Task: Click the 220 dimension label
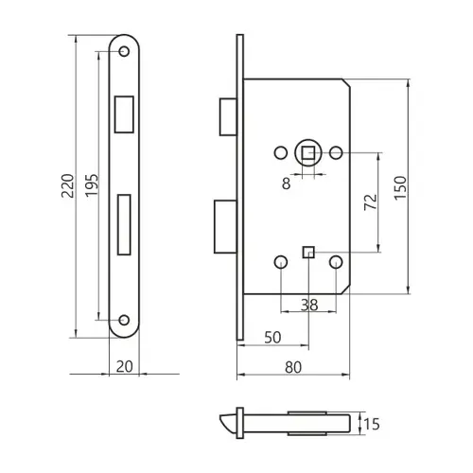[67, 185]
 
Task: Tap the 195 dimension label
[92, 185]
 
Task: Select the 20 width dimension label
[124, 366]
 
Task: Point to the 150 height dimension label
[400, 187]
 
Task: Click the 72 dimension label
[371, 201]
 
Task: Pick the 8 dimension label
[286, 184]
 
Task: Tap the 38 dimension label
[309, 305]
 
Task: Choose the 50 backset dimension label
[272, 338]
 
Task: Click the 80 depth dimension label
[293, 367]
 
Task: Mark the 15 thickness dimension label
[372, 424]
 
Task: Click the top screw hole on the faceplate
[124, 51]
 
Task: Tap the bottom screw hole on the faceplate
[124, 320]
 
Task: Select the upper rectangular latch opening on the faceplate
[124, 114]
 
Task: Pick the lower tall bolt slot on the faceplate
[124, 224]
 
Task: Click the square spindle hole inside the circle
[308, 153]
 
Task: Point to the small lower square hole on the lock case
[308, 253]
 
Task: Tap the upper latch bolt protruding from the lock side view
[228, 117]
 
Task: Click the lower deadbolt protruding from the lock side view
[225, 226]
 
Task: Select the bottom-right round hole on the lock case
[336, 262]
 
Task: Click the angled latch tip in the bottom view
[227, 423]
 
